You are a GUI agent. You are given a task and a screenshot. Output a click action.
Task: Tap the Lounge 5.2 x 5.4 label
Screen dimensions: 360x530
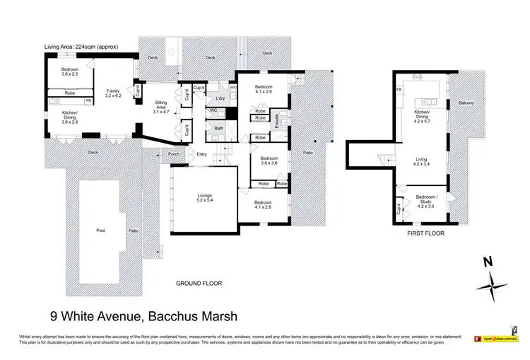205,197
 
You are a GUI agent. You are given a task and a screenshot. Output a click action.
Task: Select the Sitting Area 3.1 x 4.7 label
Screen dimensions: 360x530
161,107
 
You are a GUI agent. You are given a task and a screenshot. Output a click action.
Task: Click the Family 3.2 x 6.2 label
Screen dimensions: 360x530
112,94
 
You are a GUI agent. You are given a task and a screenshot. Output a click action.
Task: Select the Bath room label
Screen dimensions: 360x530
219,128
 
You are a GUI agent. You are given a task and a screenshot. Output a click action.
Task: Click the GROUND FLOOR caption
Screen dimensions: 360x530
199,283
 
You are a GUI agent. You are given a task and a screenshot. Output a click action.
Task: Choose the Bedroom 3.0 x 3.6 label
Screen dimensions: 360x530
269,161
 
